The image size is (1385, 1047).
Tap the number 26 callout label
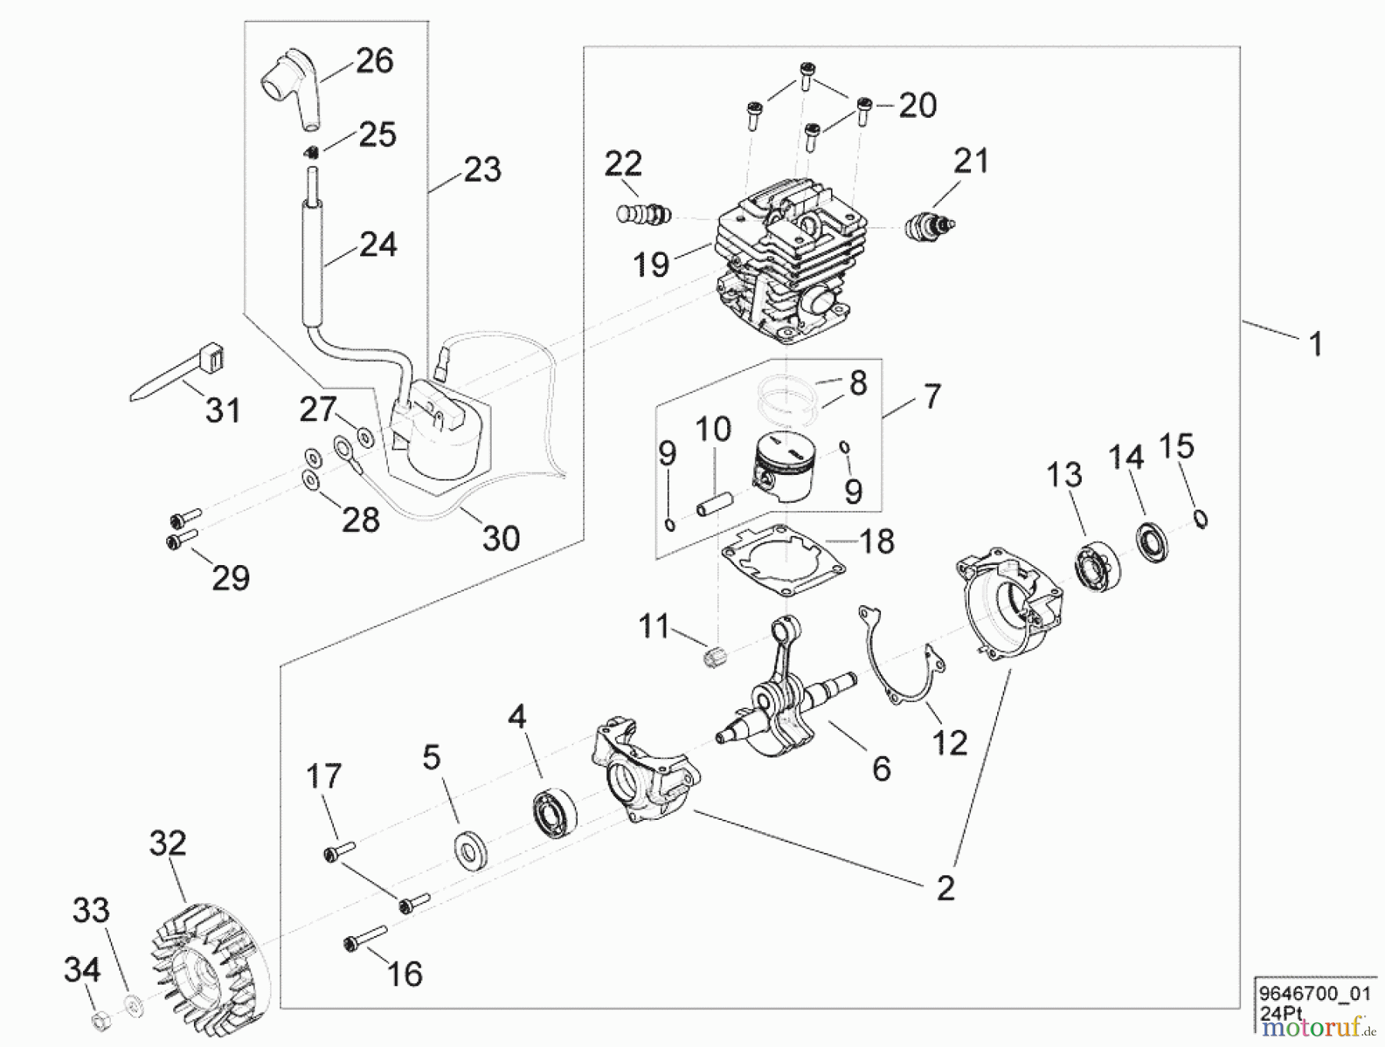coord(375,61)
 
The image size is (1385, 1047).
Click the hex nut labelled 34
coord(101,1022)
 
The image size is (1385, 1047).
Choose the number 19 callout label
coord(651,264)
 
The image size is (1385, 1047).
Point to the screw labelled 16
coord(365,937)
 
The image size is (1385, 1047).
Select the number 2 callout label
coord(945,888)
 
